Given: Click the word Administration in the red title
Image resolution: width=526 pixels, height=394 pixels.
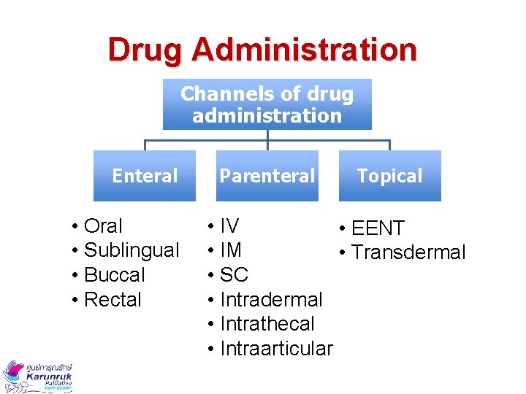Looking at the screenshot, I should [x=305, y=50].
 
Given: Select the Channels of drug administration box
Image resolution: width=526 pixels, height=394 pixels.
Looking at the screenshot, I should [x=267, y=104].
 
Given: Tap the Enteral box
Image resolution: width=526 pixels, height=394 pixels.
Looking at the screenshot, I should [x=145, y=176].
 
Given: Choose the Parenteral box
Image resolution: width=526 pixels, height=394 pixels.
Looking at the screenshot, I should [x=267, y=176].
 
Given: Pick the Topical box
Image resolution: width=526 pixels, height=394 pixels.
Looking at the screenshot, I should [x=389, y=176].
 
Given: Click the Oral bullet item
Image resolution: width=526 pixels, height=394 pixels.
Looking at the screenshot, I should [x=104, y=226].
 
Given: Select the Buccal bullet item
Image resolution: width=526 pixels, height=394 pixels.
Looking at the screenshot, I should [x=115, y=275].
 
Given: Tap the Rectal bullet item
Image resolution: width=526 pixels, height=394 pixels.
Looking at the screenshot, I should [x=113, y=300].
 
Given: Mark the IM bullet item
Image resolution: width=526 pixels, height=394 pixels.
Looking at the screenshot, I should [x=231, y=250].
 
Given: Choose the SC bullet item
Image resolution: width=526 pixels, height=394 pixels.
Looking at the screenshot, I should [x=234, y=275].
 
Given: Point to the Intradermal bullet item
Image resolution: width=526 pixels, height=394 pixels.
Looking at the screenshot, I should [x=270, y=300].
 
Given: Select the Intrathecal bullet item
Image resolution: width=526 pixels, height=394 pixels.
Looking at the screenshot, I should [x=267, y=324].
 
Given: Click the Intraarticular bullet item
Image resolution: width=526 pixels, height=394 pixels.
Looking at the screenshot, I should [x=275, y=349].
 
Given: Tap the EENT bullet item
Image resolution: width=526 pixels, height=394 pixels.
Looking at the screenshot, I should [x=378, y=228].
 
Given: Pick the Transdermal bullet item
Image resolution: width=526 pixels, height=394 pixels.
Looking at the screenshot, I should [x=408, y=252].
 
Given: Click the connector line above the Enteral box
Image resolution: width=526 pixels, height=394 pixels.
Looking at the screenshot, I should [x=145, y=144].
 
